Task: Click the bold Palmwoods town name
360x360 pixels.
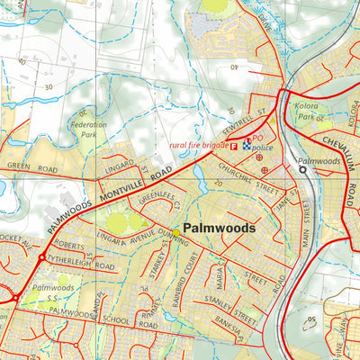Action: [219, 229]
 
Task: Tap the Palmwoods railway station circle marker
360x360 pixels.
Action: [303, 168]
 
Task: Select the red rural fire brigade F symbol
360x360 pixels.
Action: [235, 145]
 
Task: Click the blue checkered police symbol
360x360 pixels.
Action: [247, 142]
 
